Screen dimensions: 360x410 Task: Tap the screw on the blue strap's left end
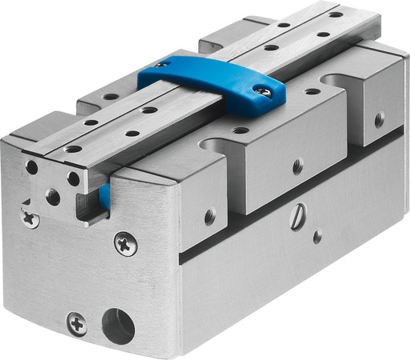click(x=163, y=64)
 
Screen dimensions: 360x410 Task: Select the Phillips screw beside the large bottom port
click(x=76, y=322)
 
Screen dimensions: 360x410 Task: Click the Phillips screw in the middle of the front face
click(x=126, y=243)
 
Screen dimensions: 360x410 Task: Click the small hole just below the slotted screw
click(x=317, y=237)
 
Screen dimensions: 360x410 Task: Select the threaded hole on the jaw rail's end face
click(x=54, y=195)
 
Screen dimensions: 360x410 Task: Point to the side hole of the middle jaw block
click(x=297, y=166)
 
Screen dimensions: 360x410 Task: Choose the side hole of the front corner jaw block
click(x=209, y=216)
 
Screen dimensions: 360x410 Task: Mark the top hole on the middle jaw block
click(x=238, y=130)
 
